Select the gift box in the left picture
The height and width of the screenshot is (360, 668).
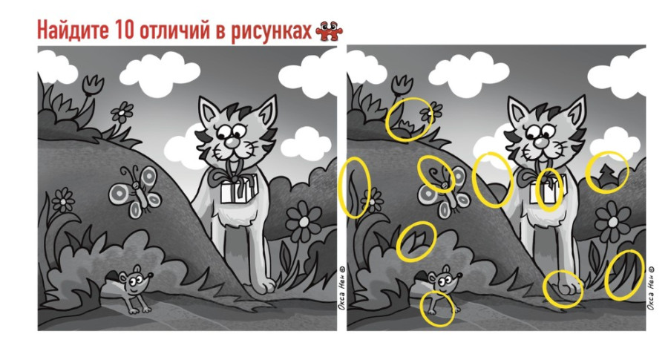(238, 190)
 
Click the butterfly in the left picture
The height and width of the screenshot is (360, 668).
(134, 189)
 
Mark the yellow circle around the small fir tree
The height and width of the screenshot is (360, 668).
(606, 172)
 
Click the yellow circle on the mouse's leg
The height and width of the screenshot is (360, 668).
(438, 308)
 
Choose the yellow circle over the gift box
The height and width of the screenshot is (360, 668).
(549, 189)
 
